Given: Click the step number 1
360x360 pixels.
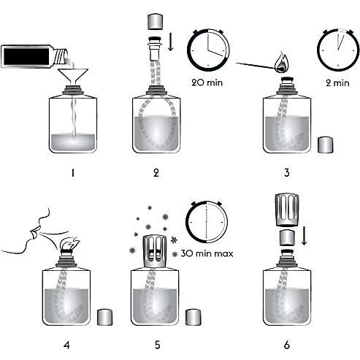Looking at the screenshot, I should coord(73,172).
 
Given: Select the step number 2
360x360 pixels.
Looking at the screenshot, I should coord(156,172).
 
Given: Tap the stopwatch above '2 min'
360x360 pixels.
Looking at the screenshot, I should coord(337,48).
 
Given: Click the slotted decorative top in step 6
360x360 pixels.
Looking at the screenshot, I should coord(287,211).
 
